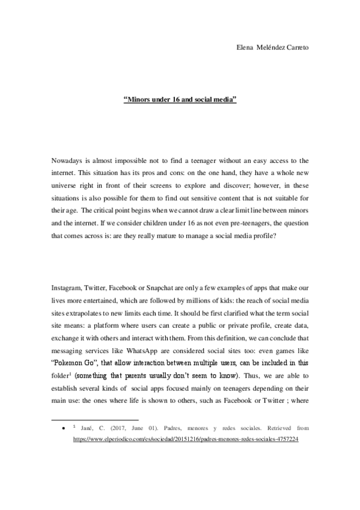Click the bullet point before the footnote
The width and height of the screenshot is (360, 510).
point(63,429)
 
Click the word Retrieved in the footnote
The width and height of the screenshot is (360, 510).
point(276,429)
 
